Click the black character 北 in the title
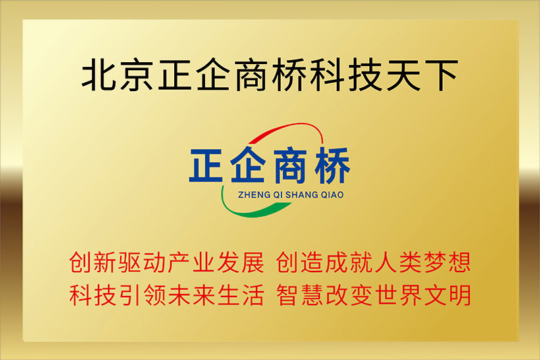point(99,75)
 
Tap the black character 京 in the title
point(137,75)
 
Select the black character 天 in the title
point(403,75)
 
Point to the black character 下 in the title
point(441,76)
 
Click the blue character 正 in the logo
point(206,165)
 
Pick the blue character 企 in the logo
point(248,164)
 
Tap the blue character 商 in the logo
point(290,165)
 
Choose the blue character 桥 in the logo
point(332,165)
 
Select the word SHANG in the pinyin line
point(302,195)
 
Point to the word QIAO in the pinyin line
point(332,195)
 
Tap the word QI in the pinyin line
point(278,195)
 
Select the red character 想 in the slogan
point(460,262)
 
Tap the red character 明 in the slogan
point(460,295)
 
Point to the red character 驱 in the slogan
point(130,262)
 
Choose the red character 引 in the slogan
point(130,295)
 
